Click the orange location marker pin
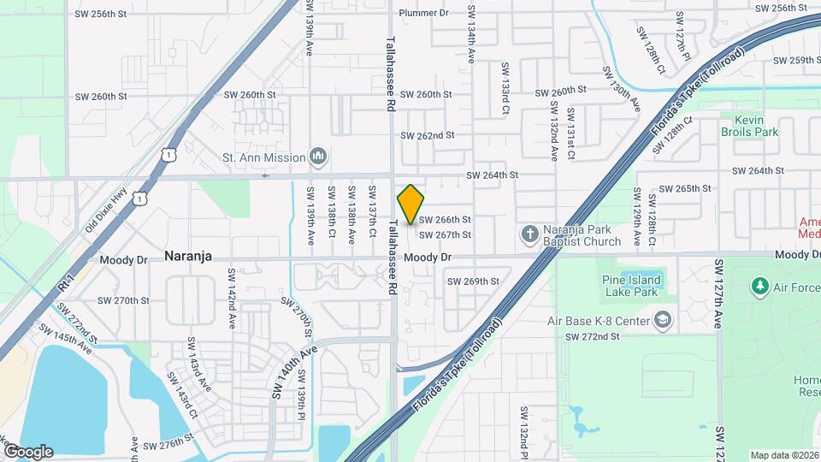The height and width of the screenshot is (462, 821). (411, 204)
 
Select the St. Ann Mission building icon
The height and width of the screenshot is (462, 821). (318, 157)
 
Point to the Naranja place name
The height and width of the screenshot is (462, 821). (187, 256)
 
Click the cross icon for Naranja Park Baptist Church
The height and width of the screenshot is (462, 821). (529, 234)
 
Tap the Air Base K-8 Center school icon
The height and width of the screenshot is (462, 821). (662, 321)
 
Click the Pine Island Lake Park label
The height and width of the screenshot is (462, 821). (632, 286)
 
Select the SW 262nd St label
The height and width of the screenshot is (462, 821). (427, 135)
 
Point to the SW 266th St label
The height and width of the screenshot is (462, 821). (445, 220)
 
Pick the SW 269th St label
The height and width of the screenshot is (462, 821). (473, 281)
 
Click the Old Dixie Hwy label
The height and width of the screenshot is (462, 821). (105, 210)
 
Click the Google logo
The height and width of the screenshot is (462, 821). (27, 451)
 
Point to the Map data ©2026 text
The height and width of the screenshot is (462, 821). (783, 455)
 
